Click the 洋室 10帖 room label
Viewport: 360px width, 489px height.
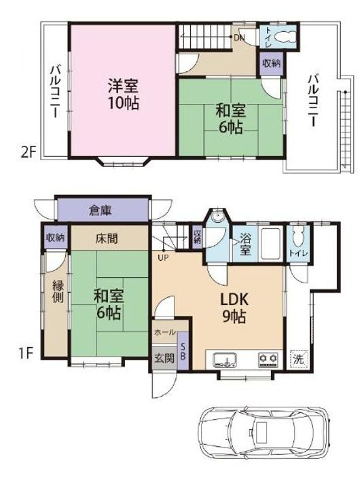[123, 94]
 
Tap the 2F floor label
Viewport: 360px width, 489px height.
[29, 153]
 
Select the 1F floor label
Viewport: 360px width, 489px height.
[26, 354]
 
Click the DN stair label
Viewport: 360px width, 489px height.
[240, 38]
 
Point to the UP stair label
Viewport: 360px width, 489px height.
[163, 258]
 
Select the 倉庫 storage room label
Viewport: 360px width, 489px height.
[100, 211]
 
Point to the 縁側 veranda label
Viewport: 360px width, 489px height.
[58, 291]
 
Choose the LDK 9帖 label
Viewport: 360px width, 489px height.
[234, 308]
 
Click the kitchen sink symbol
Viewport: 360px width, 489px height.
[225, 359]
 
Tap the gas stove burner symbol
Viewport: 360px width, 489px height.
[268, 359]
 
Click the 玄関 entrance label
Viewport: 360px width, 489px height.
[164, 359]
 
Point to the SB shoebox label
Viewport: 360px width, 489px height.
[183, 352]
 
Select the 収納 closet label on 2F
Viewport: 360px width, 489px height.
[271, 64]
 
